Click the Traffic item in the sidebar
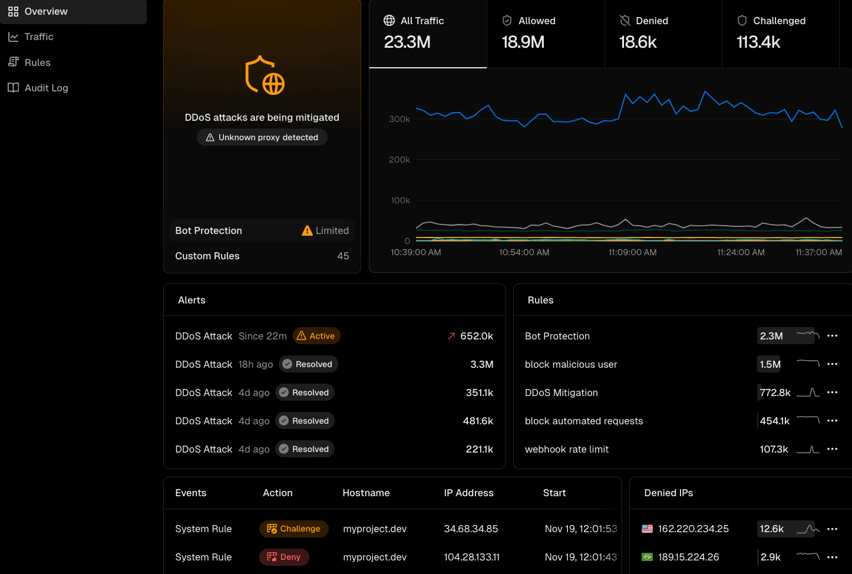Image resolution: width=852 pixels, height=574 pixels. [x=39, y=37]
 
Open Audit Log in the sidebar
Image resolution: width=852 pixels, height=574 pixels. [x=46, y=88]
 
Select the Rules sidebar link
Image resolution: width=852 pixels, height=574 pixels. [x=37, y=62]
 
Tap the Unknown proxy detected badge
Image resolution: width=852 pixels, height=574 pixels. [x=262, y=137]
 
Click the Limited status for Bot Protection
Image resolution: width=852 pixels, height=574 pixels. [x=325, y=230]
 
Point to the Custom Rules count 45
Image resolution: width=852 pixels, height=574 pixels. [x=343, y=256]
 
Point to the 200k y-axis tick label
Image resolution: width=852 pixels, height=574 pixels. [x=399, y=160]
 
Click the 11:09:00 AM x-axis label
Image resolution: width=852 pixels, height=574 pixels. [x=632, y=252]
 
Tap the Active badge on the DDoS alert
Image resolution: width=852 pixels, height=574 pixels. [x=316, y=336]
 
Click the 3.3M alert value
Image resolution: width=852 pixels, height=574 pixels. [x=481, y=364]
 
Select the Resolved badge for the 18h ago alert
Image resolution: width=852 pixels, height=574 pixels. [x=308, y=364]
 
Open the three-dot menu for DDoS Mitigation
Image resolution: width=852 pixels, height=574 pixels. [x=832, y=392]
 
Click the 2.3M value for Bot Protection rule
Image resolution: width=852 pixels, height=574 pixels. [x=771, y=336]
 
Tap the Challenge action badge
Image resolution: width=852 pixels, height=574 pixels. [x=293, y=529]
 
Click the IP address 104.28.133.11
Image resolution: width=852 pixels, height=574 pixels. [x=471, y=557]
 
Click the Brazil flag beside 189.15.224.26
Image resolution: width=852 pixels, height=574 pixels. [x=647, y=557]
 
